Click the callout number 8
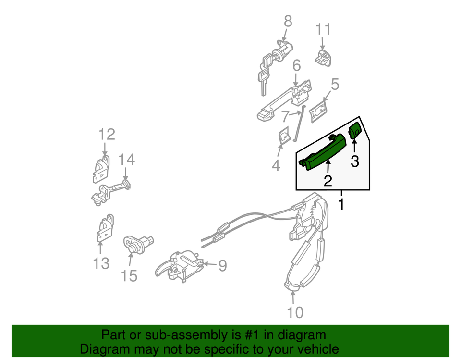[288, 22]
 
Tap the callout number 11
[323, 29]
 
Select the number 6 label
[296, 65]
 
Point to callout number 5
[335, 84]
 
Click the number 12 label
[107, 135]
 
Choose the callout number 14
[126, 160]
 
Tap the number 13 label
[101, 263]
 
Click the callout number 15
[129, 276]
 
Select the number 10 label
[295, 312]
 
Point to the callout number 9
[222, 265]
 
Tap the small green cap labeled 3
[354, 130]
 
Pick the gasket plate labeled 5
[318, 111]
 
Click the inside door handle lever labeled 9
[179, 266]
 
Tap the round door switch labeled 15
[138, 244]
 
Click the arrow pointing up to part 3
[354, 146]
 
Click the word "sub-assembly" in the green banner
[183, 335]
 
